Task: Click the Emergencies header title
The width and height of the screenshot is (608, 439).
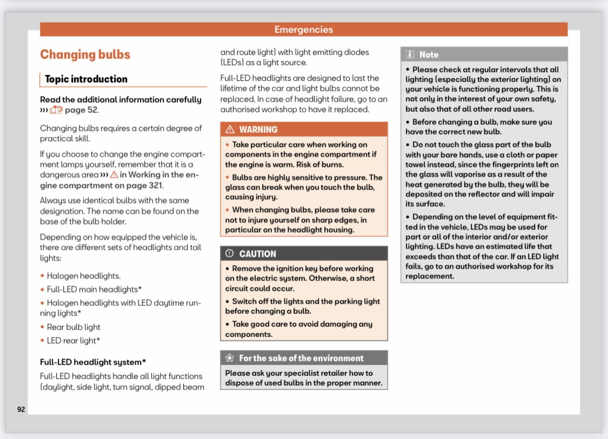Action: [x=304, y=30]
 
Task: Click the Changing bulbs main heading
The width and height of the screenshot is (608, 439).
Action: [x=85, y=55]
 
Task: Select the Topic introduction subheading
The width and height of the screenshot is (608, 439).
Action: [x=86, y=79]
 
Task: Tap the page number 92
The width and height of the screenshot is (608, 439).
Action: [x=21, y=409]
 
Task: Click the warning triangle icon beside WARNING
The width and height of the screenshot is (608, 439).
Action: [x=230, y=130]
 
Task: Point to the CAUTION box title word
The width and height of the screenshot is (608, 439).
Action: [x=257, y=254]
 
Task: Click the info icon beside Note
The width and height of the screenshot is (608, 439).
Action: [x=410, y=55]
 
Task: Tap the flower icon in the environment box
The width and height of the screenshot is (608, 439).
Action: [x=230, y=358]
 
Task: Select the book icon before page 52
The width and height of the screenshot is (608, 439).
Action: [x=56, y=110]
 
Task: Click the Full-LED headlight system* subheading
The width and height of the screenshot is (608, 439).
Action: [x=93, y=362]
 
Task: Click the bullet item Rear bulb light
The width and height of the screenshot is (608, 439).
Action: [x=74, y=327]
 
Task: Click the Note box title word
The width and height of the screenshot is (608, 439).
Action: [x=429, y=55]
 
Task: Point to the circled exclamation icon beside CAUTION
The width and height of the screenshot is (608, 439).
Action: [x=230, y=254]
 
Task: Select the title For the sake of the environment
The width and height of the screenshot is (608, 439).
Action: [x=301, y=358]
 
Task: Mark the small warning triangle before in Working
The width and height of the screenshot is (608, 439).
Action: [x=113, y=175]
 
